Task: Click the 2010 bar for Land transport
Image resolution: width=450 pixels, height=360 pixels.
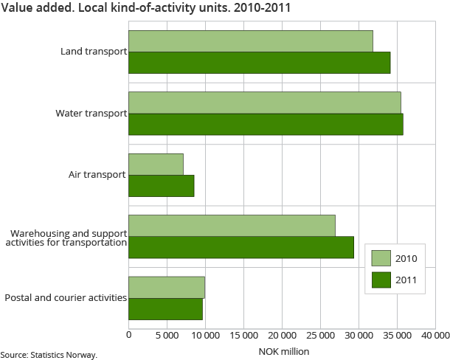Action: (251, 41)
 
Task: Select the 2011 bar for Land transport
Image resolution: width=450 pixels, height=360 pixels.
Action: (259, 63)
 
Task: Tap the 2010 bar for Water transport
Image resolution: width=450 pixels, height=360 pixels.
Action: (264, 103)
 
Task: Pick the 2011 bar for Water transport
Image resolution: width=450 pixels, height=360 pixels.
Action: (266, 125)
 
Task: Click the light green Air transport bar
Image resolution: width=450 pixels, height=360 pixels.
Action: (156, 164)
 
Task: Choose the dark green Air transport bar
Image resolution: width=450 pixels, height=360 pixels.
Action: (161, 186)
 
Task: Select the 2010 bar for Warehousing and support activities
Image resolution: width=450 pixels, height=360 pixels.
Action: (232, 226)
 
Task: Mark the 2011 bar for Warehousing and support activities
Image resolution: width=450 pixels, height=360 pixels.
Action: (241, 247)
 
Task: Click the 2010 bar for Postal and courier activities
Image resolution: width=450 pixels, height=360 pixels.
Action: (167, 287)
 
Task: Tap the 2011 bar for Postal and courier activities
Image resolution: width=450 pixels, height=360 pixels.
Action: (165, 309)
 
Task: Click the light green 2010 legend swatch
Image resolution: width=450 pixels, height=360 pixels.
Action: (381, 258)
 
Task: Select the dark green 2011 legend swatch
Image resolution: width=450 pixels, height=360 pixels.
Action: (381, 280)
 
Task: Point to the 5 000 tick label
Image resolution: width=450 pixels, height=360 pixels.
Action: (167, 336)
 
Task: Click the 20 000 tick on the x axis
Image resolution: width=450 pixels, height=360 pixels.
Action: (282, 336)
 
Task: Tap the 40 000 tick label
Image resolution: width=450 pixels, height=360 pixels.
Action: (435, 336)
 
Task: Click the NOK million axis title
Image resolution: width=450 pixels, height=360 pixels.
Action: (283, 351)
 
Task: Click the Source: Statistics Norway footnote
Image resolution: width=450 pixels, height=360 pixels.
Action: (49, 355)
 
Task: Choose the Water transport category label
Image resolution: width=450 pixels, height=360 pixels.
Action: (91, 114)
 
